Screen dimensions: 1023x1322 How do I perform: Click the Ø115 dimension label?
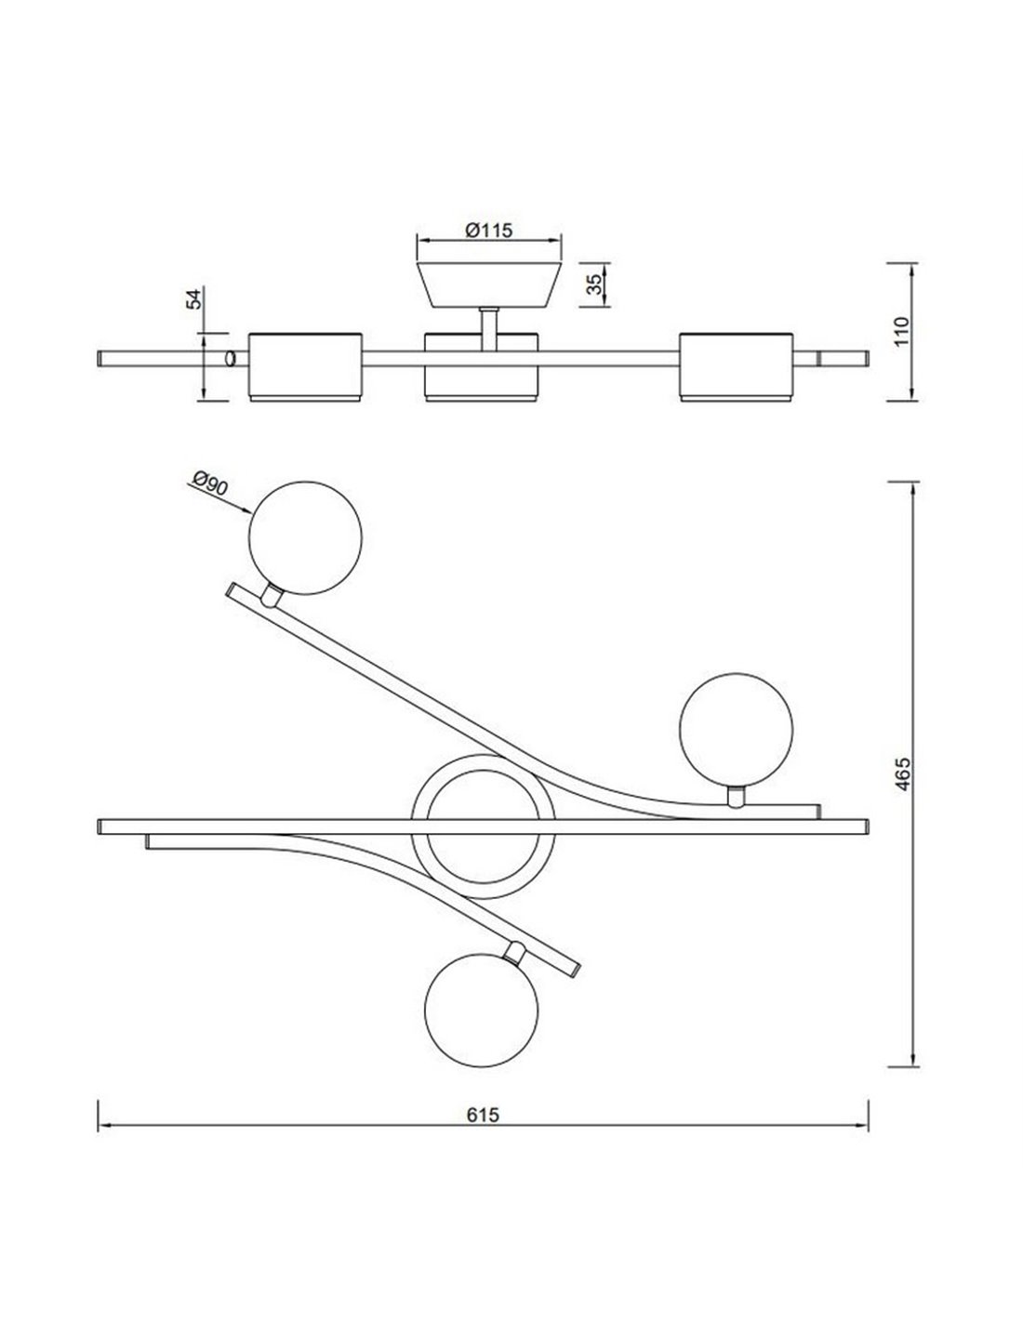pyautogui.click(x=488, y=231)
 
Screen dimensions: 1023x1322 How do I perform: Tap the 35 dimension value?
pyautogui.click(x=594, y=284)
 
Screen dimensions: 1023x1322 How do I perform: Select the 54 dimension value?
pyautogui.click(x=193, y=299)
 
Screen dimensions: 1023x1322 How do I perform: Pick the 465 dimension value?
pyautogui.click(x=903, y=773)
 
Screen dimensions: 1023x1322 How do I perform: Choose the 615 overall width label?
pyautogui.click(x=483, y=1115)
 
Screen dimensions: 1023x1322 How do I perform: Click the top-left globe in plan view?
pyautogui.click(x=305, y=537)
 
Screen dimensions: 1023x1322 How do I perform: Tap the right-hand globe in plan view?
pyautogui.click(x=735, y=729)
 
